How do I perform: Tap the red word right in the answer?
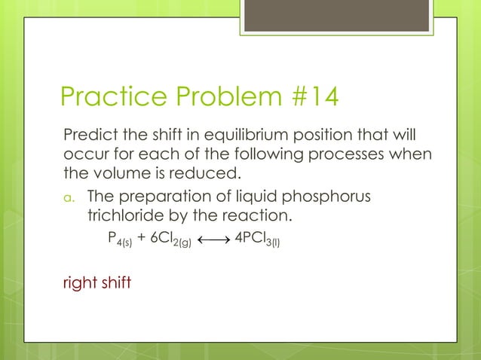pyautogui.click(x=77, y=285)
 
